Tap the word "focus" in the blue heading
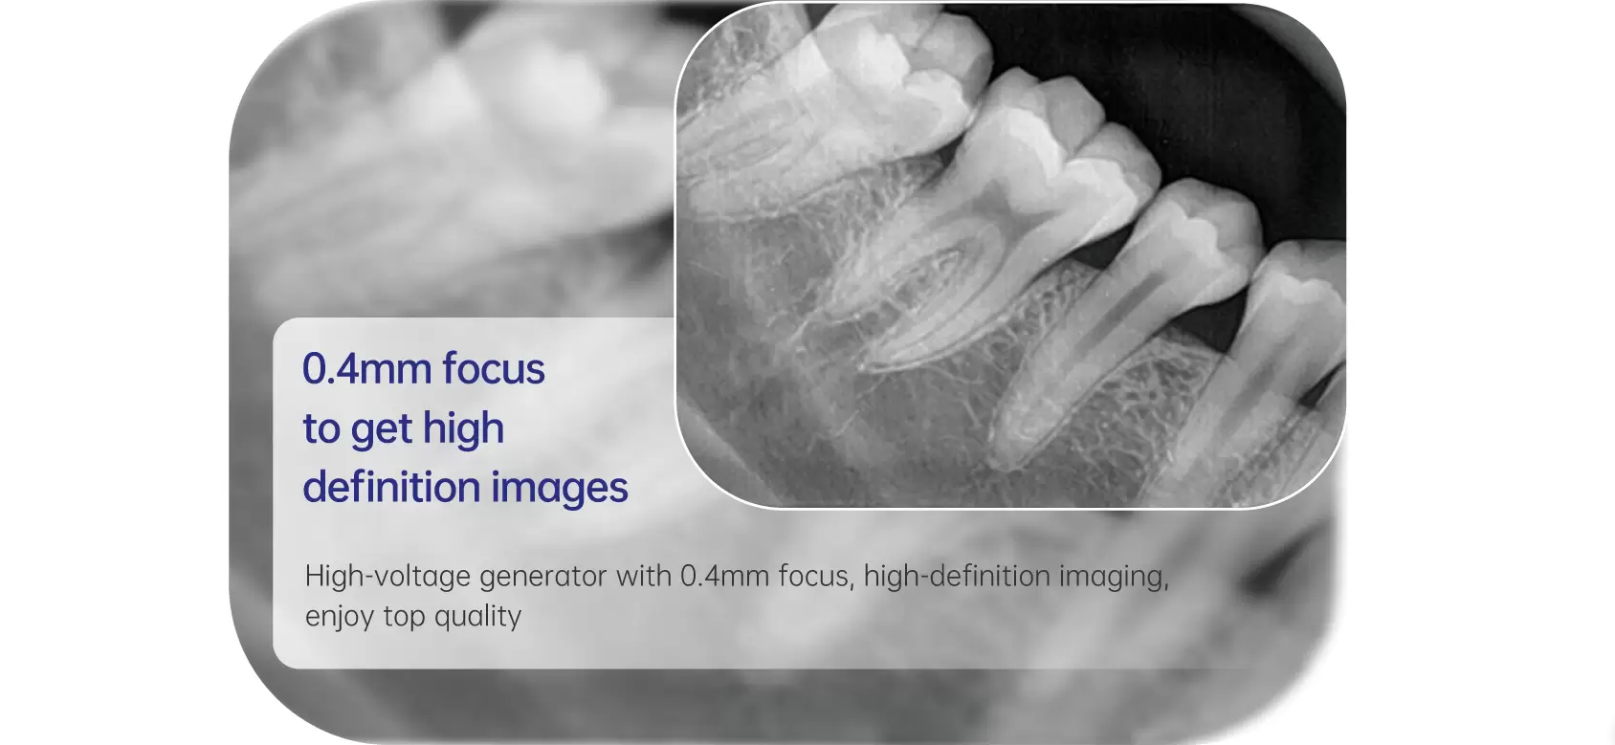(x=494, y=368)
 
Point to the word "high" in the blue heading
(x=463, y=428)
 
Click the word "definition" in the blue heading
(x=391, y=487)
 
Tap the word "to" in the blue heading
(x=321, y=429)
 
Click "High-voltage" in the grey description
(x=387, y=577)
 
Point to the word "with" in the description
(x=644, y=576)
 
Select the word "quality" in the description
(x=478, y=618)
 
